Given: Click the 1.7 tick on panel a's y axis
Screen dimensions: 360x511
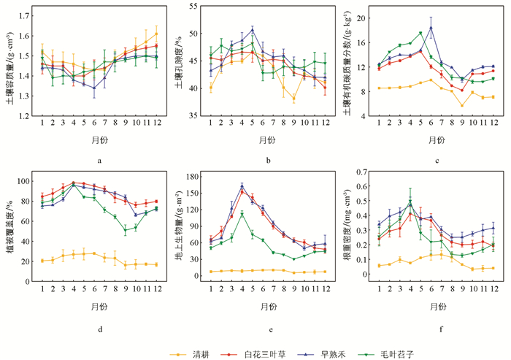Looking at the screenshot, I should [26, 15].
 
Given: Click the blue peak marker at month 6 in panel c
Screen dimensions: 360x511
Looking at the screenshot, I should [431, 28].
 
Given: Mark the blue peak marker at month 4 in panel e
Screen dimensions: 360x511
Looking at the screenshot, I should [242, 185].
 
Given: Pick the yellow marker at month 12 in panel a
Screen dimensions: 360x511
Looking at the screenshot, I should [155, 34].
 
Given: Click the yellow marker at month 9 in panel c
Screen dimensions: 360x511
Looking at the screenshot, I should [462, 106].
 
